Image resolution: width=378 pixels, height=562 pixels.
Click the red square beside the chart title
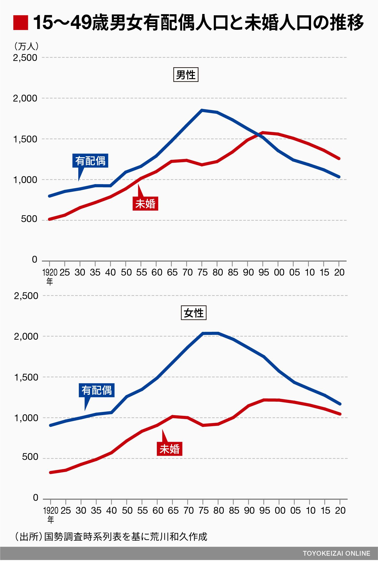point(21,23)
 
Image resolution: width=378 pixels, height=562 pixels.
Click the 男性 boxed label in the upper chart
point(186,75)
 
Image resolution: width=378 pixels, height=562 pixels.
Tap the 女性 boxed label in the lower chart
point(193,313)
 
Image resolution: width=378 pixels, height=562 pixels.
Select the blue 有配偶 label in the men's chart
point(90,161)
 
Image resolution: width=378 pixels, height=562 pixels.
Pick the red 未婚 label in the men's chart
point(145,204)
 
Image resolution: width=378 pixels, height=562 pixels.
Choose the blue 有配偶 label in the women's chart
point(96,390)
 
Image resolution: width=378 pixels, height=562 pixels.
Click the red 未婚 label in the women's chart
point(169,449)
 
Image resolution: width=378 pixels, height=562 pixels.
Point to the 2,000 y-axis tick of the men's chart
point(25,98)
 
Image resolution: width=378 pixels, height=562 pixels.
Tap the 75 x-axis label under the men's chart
point(202,272)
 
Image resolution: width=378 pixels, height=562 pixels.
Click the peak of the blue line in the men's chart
point(202,110)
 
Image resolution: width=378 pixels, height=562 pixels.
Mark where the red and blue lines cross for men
point(259,134)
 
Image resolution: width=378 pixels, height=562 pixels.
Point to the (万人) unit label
point(26,46)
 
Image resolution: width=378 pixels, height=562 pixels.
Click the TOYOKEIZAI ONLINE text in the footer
point(336,553)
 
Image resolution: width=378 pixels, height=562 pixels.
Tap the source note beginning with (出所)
point(111,536)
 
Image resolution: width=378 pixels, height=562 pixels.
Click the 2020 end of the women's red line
point(340,414)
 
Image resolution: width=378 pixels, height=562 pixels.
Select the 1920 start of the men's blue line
point(49,196)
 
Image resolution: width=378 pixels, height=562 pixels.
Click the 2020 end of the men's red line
point(339,158)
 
